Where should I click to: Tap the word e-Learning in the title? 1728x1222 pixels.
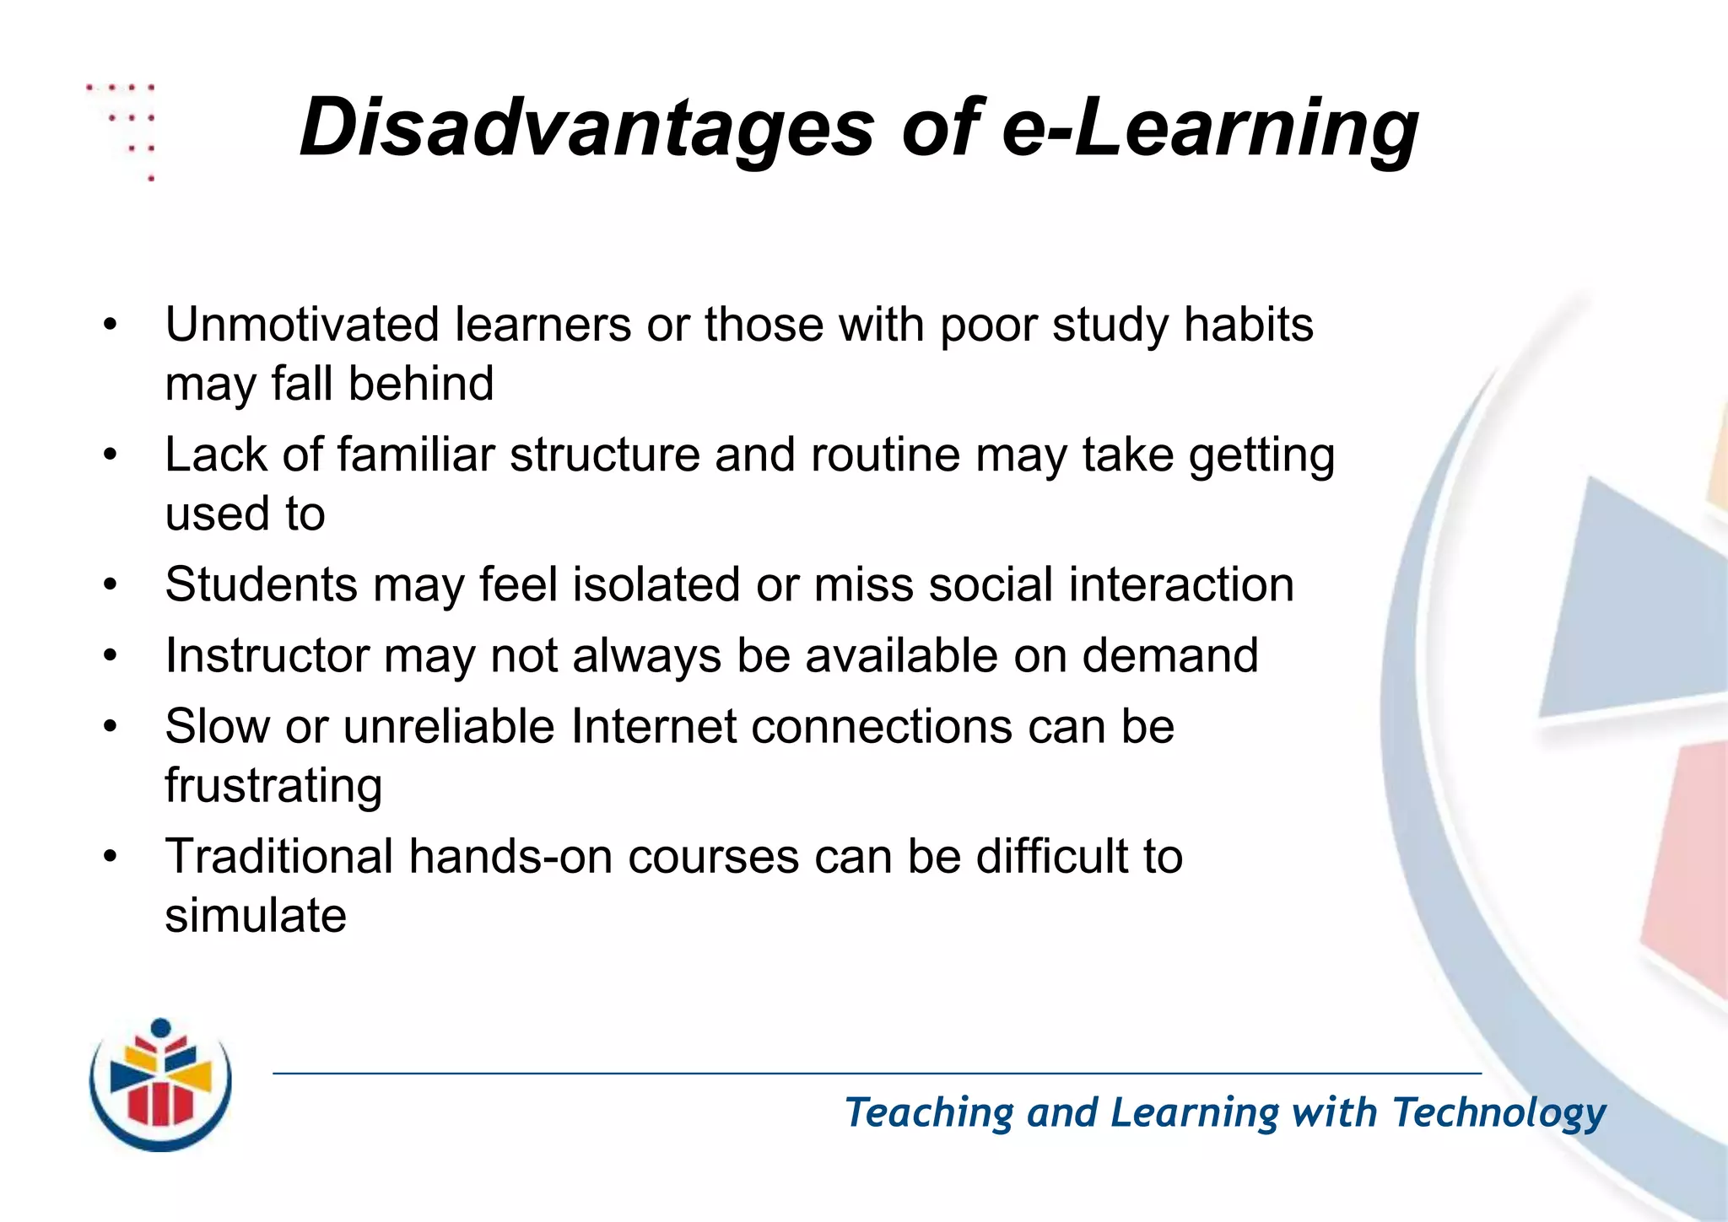click(1210, 128)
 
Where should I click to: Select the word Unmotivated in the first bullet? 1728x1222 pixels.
click(302, 325)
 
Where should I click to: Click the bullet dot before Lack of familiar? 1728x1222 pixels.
click(110, 455)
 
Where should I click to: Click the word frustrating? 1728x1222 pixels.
click(273, 786)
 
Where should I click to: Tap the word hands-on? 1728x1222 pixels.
click(510, 856)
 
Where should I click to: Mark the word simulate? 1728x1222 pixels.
click(256, 916)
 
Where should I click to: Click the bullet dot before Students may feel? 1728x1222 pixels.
click(110, 585)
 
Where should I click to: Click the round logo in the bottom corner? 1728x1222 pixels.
click(160, 1085)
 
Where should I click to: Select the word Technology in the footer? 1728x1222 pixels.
click(1498, 1112)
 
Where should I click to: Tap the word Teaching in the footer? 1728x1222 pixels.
click(929, 1112)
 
